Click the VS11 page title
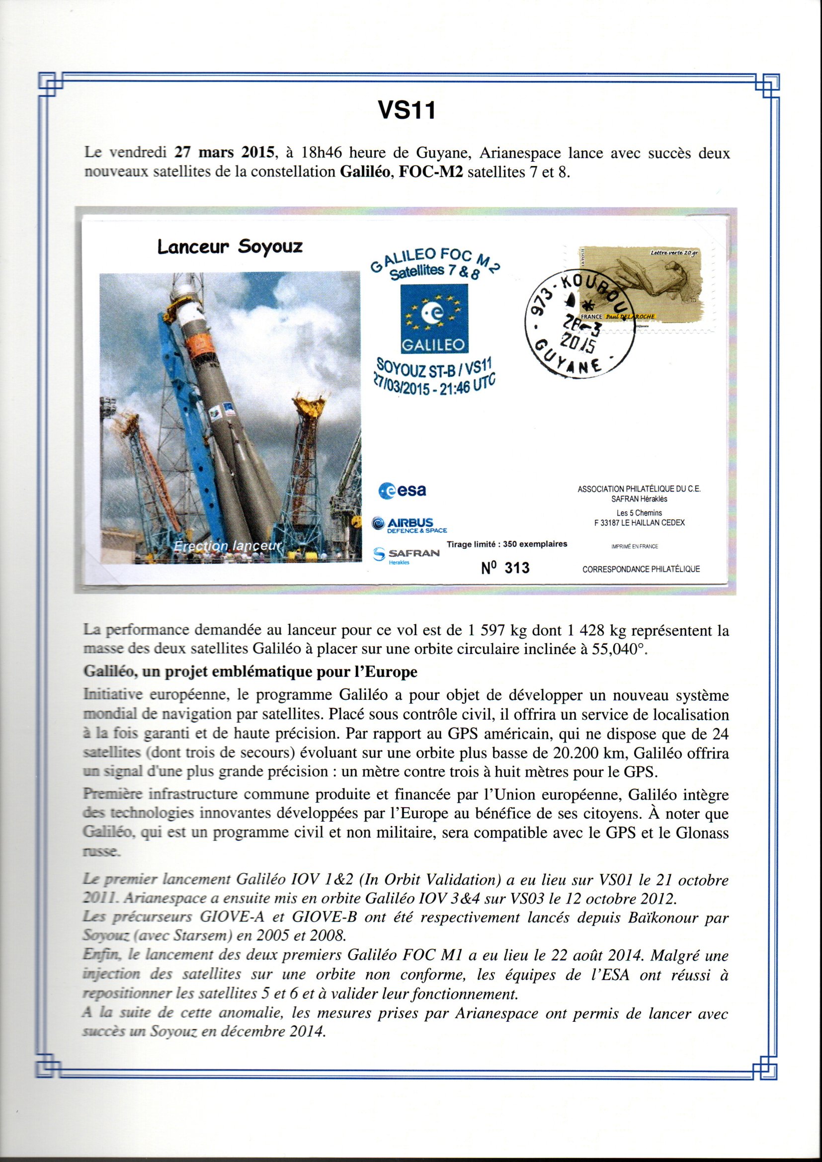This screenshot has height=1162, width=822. [407, 109]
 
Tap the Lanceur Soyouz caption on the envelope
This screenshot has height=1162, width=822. [230, 247]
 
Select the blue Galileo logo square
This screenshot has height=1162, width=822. [434, 319]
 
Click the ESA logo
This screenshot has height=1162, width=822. [403, 490]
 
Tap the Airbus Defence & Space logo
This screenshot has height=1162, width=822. [409, 524]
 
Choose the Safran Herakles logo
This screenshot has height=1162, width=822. [406, 554]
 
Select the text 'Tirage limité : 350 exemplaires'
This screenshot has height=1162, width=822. [506, 544]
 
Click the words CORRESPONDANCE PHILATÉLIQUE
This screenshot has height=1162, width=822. [641, 569]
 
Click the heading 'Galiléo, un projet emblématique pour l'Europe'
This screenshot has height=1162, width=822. [250, 672]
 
